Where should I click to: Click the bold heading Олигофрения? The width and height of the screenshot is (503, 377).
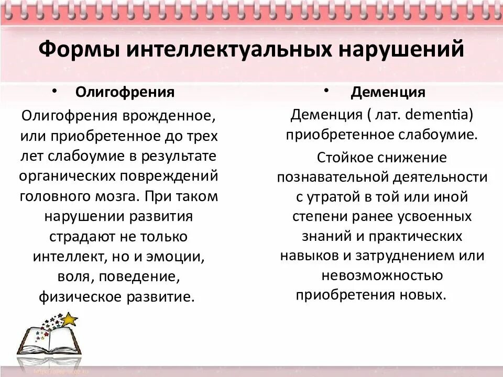click(125, 93)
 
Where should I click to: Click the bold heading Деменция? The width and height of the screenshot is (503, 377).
click(388, 93)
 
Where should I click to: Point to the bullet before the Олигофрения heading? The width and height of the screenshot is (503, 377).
click(54, 91)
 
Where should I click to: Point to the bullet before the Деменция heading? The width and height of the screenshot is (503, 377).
click(325, 91)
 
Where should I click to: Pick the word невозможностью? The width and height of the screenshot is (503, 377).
click(382, 275)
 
